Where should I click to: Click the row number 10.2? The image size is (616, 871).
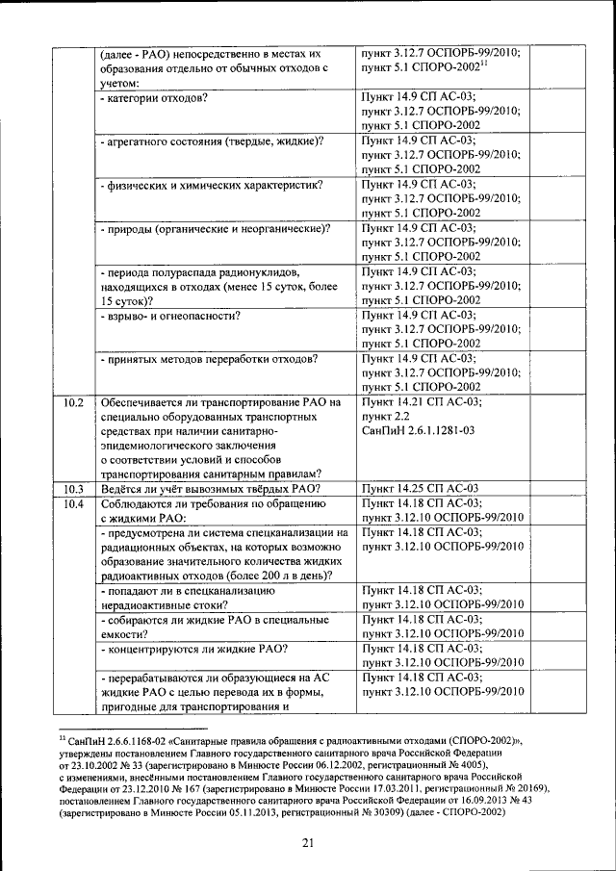point(73,402)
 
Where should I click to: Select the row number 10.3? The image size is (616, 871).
point(73,489)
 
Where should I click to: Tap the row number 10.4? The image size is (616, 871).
point(73,503)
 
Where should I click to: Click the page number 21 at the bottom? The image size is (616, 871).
point(308,844)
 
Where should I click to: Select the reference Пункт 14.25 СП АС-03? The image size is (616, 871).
point(420,489)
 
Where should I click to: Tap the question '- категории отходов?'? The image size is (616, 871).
point(154,98)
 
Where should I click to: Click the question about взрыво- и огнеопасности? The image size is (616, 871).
point(170,316)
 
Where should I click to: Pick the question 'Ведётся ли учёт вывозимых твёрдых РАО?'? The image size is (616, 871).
point(211,489)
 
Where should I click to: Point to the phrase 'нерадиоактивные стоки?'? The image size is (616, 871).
point(164,605)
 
